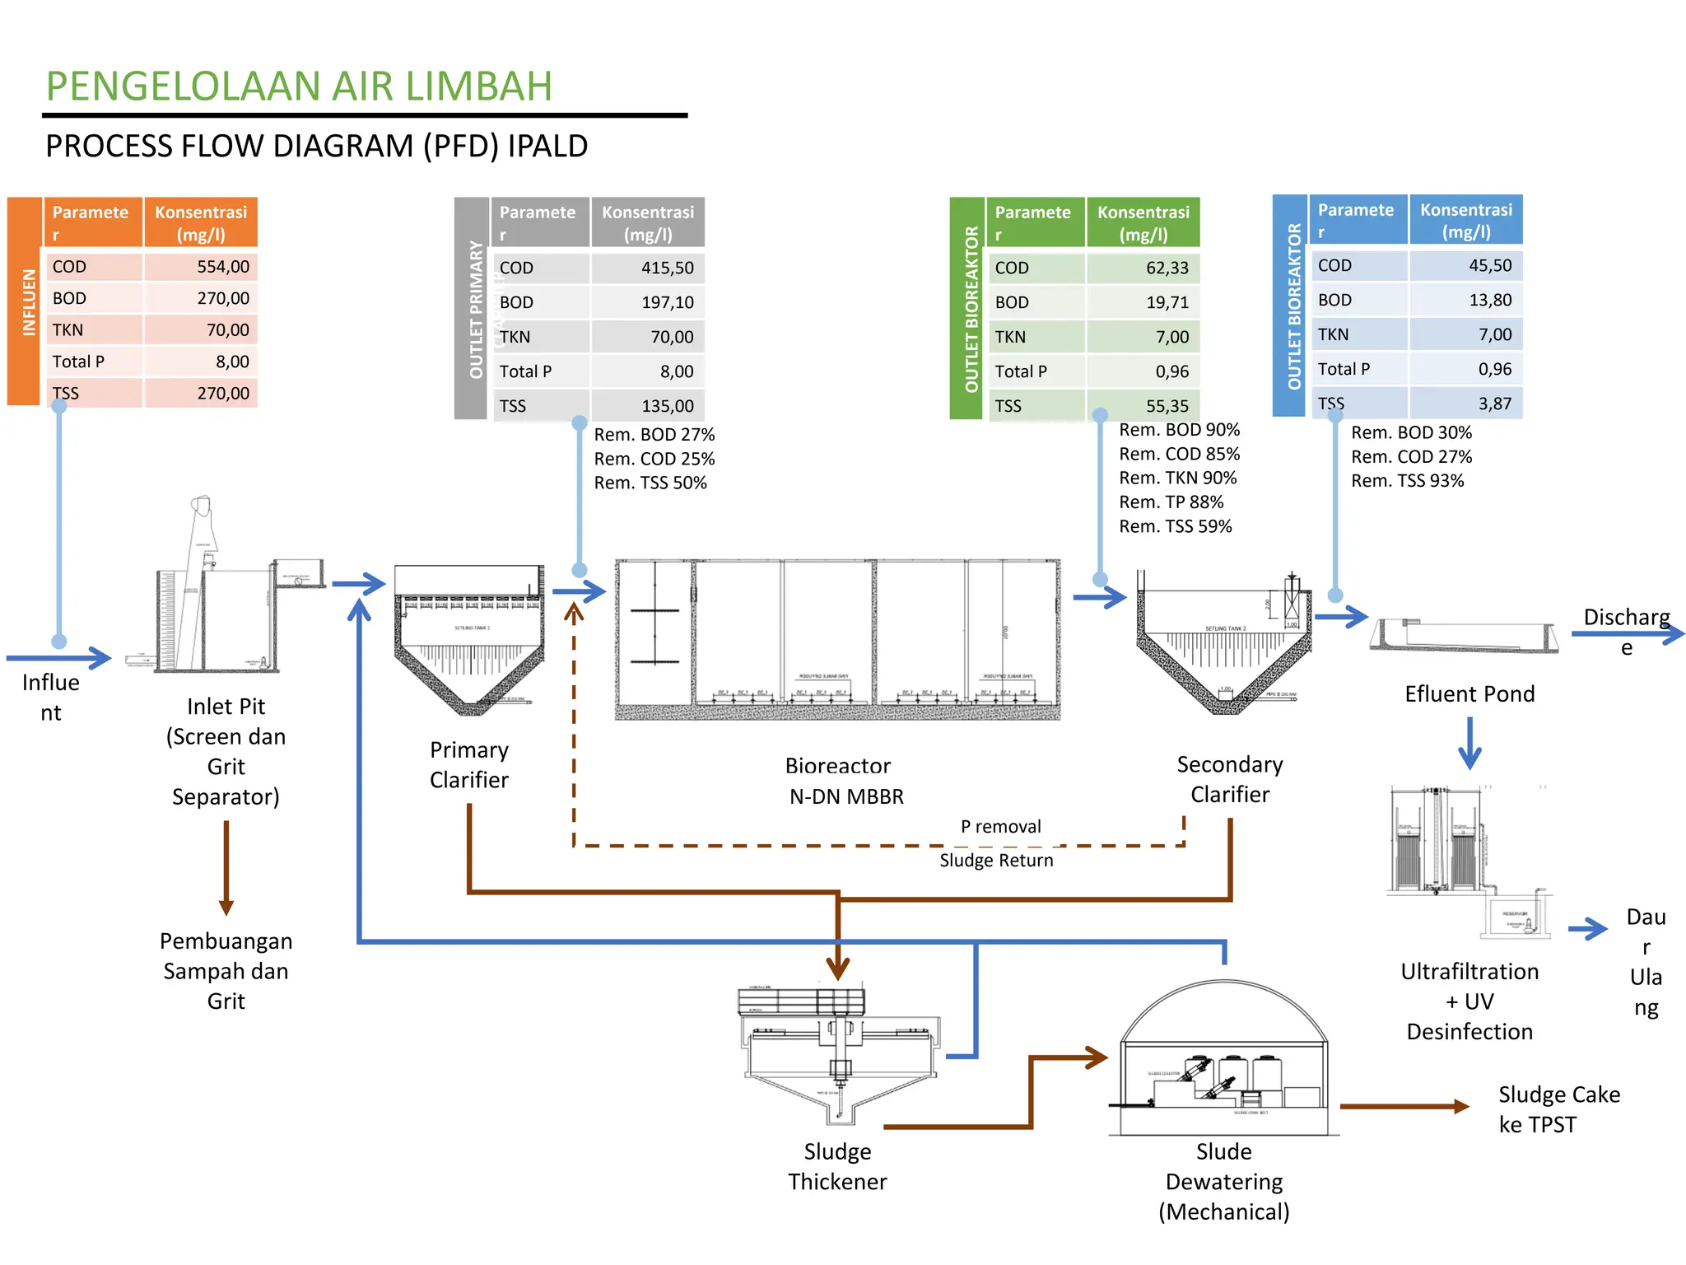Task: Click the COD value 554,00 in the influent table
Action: [x=222, y=267]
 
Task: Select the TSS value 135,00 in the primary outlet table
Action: [x=667, y=406]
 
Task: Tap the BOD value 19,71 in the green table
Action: [x=1167, y=302]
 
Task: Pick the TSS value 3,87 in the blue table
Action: [x=1494, y=404]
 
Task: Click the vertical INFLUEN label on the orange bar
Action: [x=29, y=301]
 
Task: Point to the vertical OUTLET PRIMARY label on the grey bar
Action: [x=476, y=309]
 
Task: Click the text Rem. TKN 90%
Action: [x=1177, y=478]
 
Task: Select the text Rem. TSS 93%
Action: [x=1407, y=481]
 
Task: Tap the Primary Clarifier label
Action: [x=468, y=765]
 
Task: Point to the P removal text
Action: [x=1000, y=826]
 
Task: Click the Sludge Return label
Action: [x=996, y=861]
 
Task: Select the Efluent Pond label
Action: [x=1469, y=693]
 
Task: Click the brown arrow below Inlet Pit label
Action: [x=226, y=869]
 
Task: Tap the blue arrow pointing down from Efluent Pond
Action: [x=1469, y=743]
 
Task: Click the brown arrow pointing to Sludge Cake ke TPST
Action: [x=1404, y=1106]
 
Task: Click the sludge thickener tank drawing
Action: [x=840, y=1054]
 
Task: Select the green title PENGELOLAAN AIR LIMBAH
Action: [x=299, y=86]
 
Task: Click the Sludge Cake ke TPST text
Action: [x=1558, y=1109]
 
